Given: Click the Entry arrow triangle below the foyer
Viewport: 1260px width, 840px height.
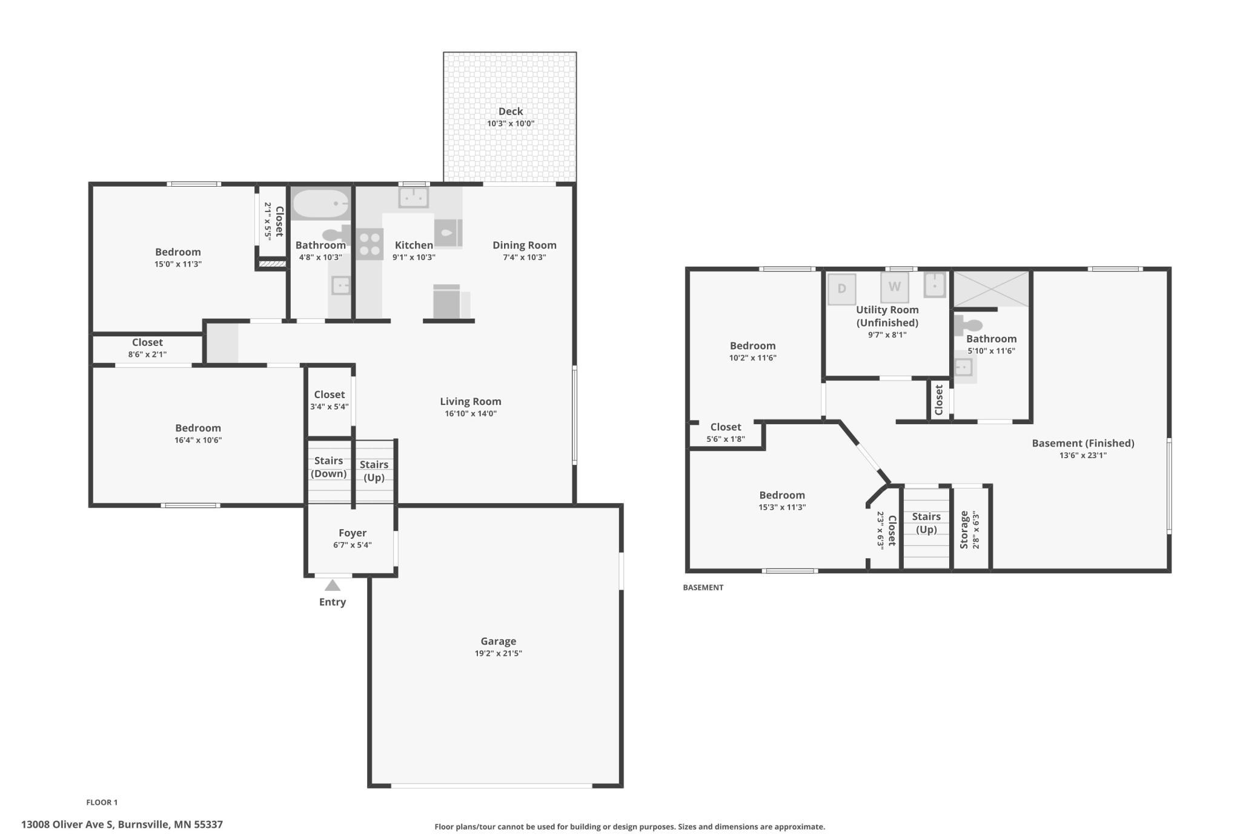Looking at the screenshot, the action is (x=333, y=585).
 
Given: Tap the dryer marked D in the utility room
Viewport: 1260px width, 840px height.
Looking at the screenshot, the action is (x=842, y=288).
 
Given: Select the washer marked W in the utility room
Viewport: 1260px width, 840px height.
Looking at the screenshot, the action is (x=895, y=287).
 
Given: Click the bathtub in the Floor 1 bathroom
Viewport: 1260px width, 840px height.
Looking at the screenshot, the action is (x=320, y=204).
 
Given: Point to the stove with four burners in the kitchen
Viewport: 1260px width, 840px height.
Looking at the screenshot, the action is (x=370, y=244).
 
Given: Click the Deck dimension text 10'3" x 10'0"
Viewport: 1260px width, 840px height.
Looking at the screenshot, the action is (x=511, y=124).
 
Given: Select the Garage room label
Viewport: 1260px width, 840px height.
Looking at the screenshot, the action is (x=499, y=641).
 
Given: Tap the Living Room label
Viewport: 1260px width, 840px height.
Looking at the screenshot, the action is (x=471, y=401).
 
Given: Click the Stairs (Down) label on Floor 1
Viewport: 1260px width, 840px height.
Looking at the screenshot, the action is (x=329, y=467).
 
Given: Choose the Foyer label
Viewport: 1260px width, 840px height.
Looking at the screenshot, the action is (x=353, y=533).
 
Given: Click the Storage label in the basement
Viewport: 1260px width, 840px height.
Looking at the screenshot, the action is (x=964, y=530).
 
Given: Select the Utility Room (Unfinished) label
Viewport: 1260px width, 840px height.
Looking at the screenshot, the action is (x=887, y=316).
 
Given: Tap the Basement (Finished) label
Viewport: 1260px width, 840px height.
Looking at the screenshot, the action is (x=1083, y=443).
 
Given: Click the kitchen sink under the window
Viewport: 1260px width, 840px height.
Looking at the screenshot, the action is (x=414, y=198).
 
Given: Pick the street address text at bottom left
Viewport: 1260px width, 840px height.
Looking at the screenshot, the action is (x=122, y=824).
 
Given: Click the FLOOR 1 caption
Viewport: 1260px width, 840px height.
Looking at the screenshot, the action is (x=102, y=802).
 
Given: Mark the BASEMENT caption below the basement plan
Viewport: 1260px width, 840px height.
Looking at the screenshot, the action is (x=703, y=587).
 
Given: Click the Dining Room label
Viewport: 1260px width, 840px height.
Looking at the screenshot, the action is (x=525, y=245).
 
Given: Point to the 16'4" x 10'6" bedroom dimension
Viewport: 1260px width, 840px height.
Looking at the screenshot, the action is (x=198, y=440).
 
